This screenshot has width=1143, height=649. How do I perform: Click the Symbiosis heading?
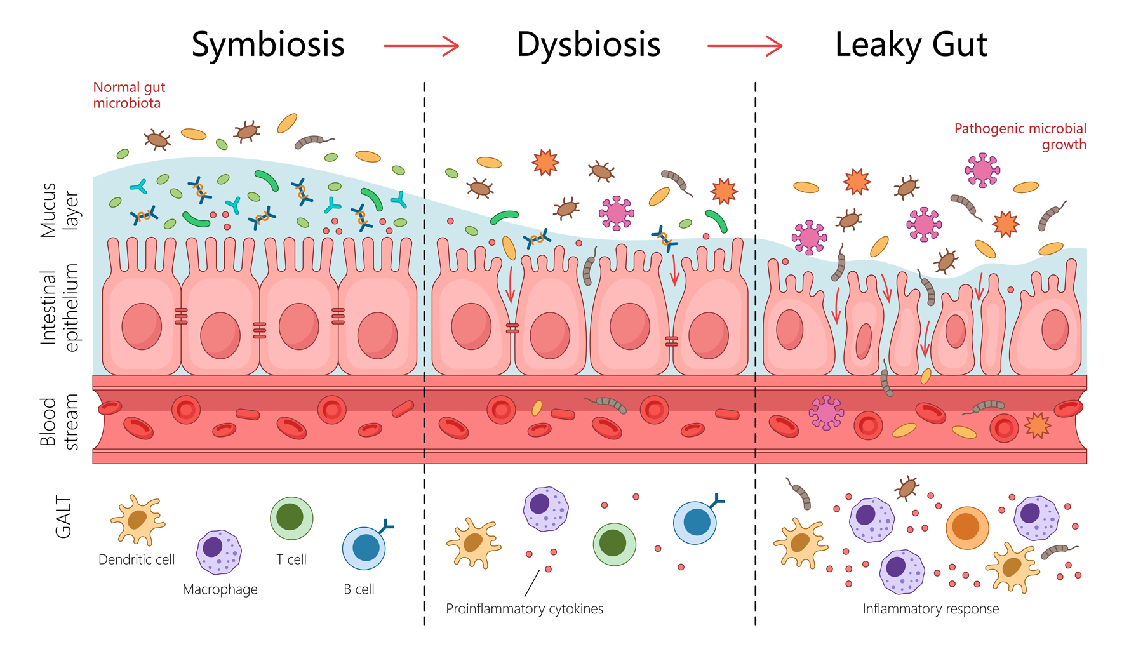click(268, 44)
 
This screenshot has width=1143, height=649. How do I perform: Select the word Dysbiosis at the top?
click(589, 44)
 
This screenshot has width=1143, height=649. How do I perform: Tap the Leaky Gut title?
click(911, 44)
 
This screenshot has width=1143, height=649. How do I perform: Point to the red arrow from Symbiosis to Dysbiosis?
click(421, 46)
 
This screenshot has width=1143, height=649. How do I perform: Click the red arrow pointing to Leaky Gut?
click(744, 46)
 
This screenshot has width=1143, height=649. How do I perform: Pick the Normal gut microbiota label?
click(129, 95)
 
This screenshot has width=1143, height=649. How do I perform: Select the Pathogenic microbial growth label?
click(1020, 137)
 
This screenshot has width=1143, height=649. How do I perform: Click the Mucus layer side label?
click(59, 210)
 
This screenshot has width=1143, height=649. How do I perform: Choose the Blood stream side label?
click(59, 422)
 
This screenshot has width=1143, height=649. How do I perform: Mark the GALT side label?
click(63, 517)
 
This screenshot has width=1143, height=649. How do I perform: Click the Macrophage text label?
click(220, 589)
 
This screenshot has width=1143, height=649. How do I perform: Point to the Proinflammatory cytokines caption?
click(525, 609)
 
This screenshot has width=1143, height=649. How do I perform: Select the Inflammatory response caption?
click(930, 609)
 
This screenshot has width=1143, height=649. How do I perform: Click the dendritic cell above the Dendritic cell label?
click(138, 519)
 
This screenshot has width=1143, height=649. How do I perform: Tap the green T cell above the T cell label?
click(291, 518)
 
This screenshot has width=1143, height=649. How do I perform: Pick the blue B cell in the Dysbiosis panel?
click(696, 522)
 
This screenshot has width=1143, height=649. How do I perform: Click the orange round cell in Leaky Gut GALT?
click(966, 527)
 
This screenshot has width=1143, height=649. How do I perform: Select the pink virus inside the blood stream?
click(825, 412)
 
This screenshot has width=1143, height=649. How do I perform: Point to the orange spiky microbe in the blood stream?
click(1037, 425)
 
